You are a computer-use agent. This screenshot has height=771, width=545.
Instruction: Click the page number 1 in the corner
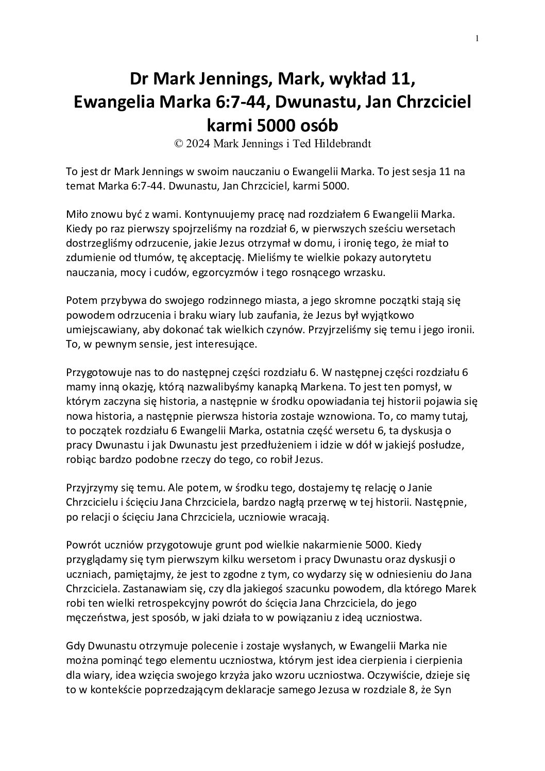(478, 38)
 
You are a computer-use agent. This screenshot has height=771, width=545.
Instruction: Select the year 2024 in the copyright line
(198, 144)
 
